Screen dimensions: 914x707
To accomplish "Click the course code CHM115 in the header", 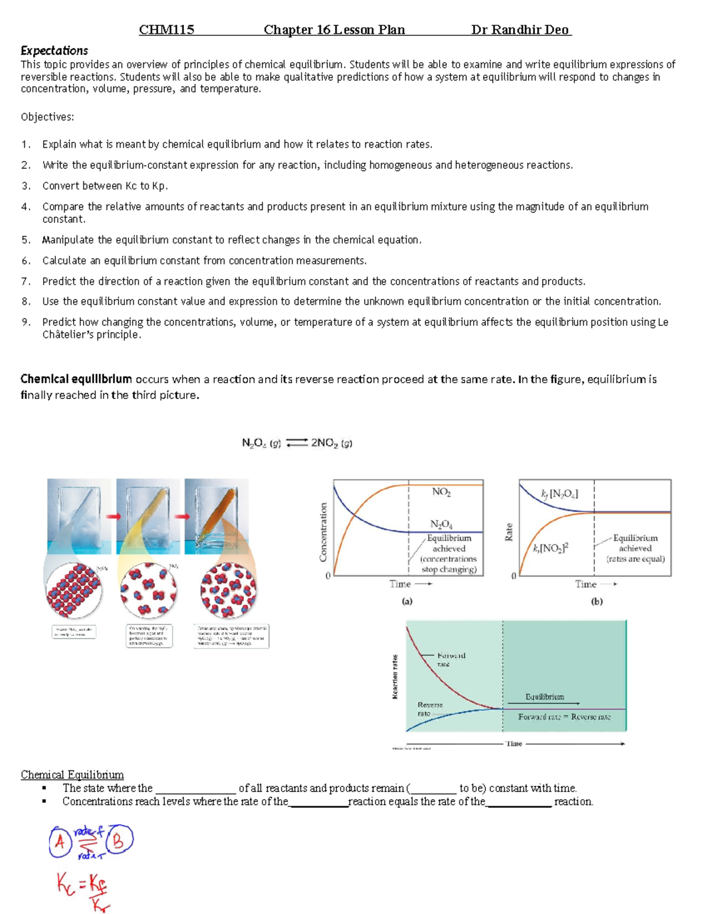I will click(x=166, y=30).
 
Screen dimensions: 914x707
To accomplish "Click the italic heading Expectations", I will click(x=54, y=51).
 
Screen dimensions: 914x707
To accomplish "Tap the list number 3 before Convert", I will click(x=25, y=186).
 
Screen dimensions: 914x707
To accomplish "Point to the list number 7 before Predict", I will click(x=25, y=281).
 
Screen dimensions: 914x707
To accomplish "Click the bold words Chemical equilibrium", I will click(x=76, y=379).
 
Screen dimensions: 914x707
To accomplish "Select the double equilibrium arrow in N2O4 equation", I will click(x=296, y=443).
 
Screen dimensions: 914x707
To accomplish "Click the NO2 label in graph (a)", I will click(x=441, y=492).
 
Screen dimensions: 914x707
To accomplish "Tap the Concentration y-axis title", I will click(x=323, y=531).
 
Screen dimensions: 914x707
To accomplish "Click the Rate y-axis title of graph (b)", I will click(x=509, y=532).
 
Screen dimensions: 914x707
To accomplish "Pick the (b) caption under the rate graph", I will click(x=596, y=601).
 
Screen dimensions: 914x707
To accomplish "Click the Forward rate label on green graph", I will click(x=451, y=659).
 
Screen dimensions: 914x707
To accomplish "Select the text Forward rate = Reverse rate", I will click(x=564, y=717).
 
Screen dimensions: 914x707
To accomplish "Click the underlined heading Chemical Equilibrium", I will click(x=72, y=775).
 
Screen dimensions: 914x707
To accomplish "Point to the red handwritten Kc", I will click(x=66, y=883).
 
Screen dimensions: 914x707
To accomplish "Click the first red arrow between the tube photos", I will click(x=113, y=517).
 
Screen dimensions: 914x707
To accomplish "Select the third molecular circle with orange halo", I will click(x=229, y=590).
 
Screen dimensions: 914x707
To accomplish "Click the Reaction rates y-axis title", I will click(x=395, y=677).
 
